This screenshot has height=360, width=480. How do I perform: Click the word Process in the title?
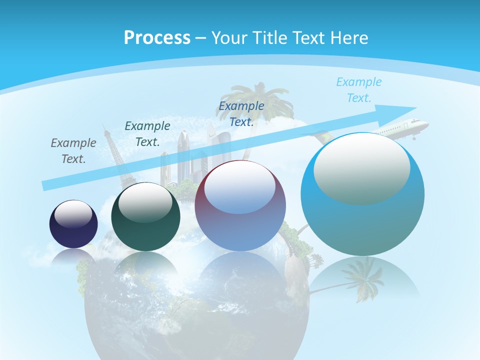click(x=156, y=37)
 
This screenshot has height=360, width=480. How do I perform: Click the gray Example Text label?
click(x=73, y=151)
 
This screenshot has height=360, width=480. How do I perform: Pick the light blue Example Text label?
click(x=359, y=90)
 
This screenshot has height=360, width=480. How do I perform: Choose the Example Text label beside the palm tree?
click(x=241, y=113)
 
